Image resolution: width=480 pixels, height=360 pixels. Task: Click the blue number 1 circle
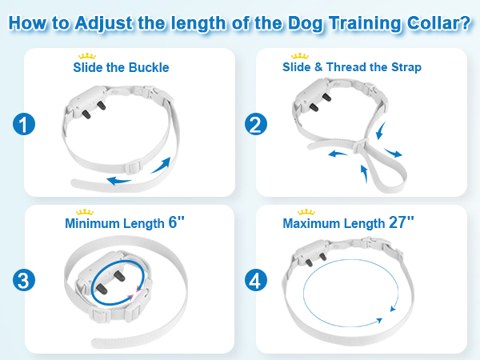pos(26,125)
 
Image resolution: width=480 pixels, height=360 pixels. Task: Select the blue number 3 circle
pos(26,281)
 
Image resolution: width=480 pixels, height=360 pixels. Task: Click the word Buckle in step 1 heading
pos(150,68)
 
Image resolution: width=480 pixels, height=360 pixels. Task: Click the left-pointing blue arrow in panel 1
pos(120,180)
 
